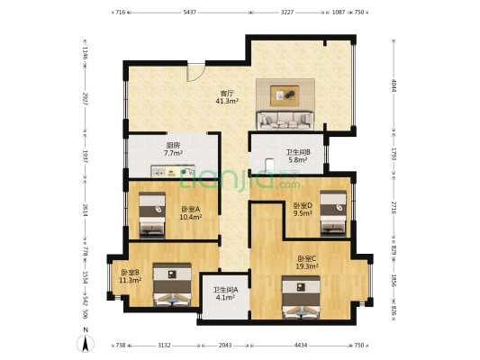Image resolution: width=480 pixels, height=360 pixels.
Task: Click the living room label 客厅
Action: click(227, 93)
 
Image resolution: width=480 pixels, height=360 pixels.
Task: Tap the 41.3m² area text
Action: click(227, 101)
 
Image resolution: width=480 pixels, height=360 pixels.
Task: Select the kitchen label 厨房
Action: click(173, 145)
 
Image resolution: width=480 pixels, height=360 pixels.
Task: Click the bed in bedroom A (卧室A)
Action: click(152, 215)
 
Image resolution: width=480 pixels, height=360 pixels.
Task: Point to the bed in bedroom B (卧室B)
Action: click(172, 284)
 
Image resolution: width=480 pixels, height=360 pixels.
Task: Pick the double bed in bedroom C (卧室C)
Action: click(301, 297)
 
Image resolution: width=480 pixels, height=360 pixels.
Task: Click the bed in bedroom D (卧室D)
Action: click(333, 213)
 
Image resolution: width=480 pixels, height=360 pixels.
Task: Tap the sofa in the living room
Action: click(285, 121)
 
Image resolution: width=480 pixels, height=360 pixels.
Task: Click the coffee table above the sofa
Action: click(285, 95)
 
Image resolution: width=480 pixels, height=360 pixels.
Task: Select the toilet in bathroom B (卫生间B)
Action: click(269, 164)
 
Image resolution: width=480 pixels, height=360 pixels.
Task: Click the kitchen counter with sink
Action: click(173, 171)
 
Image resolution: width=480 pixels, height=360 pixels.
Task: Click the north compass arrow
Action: click(86, 344)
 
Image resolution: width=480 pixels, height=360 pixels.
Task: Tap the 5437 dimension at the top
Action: click(189, 13)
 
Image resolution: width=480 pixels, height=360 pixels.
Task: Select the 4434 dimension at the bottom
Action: click(301, 346)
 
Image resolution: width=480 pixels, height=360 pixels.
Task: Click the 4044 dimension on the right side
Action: click(394, 85)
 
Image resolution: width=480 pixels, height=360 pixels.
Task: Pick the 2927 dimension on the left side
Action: click(86, 99)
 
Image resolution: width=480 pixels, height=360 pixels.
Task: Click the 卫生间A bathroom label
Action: click(226, 289)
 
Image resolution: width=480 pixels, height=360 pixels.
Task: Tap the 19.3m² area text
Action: click(307, 266)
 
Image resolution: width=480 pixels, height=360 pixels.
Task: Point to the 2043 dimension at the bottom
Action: click(225, 346)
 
